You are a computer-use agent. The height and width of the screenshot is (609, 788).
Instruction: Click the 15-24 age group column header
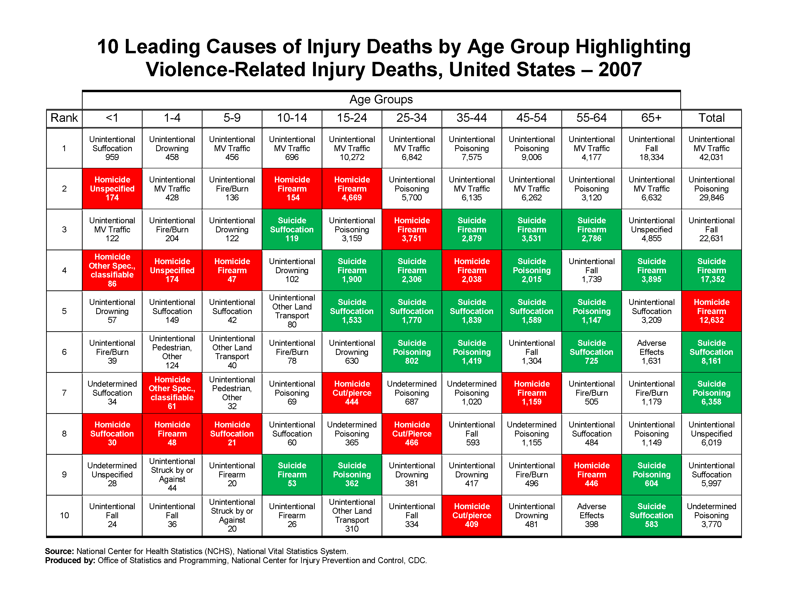click(352, 118)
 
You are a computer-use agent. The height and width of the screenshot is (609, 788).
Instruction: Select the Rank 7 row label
click(64, 393)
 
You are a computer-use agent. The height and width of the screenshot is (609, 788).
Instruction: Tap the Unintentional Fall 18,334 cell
click(651, 148)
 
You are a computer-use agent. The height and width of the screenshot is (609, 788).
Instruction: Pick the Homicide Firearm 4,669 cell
click(352, 189)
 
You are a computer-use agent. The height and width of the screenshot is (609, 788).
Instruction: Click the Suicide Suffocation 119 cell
click(292, 230)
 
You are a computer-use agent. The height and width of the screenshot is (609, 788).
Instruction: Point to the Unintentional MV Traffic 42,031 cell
click(711, 148)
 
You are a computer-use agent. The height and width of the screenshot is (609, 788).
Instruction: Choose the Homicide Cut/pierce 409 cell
click(472, 515)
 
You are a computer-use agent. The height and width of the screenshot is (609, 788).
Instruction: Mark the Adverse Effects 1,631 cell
click(651, 352)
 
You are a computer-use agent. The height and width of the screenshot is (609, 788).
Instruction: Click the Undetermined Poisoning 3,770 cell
click(711, 515)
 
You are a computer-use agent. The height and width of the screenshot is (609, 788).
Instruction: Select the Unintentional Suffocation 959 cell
click(112, 148)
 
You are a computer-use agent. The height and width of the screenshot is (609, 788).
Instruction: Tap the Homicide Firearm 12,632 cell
click(711, 311)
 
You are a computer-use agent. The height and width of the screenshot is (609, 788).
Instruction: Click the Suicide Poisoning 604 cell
click(651, 475)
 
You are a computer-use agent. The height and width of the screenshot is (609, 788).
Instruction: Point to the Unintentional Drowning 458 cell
click(172, 148)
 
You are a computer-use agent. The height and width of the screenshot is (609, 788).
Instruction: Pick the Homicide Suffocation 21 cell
click(232, 434)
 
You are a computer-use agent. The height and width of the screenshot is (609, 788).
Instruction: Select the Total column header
click(711, 118)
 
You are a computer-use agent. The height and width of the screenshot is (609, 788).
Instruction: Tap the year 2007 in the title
click(620, 70)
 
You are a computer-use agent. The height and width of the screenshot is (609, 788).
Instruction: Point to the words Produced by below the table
click(70, 560)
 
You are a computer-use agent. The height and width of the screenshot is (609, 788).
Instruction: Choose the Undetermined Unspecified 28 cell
click(112, 475)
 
